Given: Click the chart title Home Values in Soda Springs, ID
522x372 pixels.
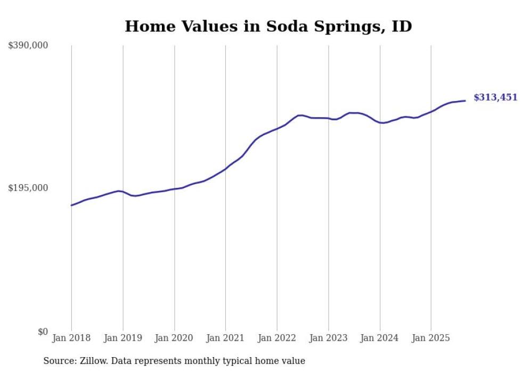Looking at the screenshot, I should pyautogui.click(x=268, y=26).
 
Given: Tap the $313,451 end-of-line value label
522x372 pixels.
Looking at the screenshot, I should pyautogui.click(x=495, y=97).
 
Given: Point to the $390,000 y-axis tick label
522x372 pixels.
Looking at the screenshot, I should pyautogui.click(x=28, y=46).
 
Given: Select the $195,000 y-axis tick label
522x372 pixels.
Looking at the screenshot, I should pyautogui.click(x=28, y=188).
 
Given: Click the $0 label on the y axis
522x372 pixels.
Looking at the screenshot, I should pyautogui.click(x=43, y=332).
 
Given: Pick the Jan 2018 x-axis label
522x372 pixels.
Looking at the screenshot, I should pyautogui.click(x=71, y=338).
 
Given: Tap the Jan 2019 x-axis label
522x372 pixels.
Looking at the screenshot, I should pyautogui.click(x=123, y=338).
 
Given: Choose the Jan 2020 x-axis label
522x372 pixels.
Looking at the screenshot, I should pyautogui.click(x=174, y=338).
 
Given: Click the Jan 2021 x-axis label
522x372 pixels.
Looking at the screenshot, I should pyautogui.click(x=225, y=338).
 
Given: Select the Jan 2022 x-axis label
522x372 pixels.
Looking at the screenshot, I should pyautogui.click(x=277, y=338).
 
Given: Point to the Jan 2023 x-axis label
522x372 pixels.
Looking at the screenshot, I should pyautogui.click(x=328, y=338).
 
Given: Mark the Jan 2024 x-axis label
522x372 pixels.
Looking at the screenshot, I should pyautogui.click(x=380, y=338).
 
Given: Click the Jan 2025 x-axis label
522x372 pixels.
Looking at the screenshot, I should pyautogui.click(x=431, y=338).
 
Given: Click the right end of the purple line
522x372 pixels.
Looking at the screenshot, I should pyautogui.click(x=466, y=101).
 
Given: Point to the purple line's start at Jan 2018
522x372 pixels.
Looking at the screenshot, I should pyautogui.click(x=71, y=205).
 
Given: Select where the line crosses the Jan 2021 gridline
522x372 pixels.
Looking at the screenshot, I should pyautogui.click(x=225, y=169).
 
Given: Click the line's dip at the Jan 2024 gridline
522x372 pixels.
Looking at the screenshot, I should pyautogui.click(x=380, y=122).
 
